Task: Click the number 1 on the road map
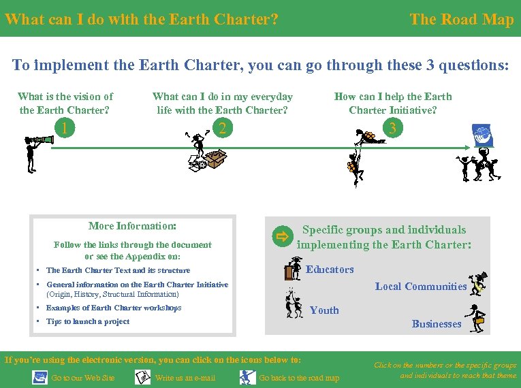pyautogui.click(x=64, y=127)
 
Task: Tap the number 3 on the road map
pyautogui.click(x=392, y=127)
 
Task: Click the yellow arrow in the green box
pyautogui.click(x=281, y=237)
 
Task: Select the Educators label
pyautogui.click(x=330, y=270)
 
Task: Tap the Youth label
pyautogui.click(x=324, y=310)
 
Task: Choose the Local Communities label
pyautogui.click(x=421, y=287)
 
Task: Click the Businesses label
pyautogui.click(x=437, y=324)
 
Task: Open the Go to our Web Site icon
pyautogui.click(x=40, y=377)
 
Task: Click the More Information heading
pyautogui.click(x=133, y=226)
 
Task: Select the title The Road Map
pyautogui.click(x=461, y=19)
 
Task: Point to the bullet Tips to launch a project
pyautogui.click(x=87, y=322)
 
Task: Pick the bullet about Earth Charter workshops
pyautogui.click(x=113, y=308)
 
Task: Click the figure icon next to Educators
pyautogui.click(x=294, y=268)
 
